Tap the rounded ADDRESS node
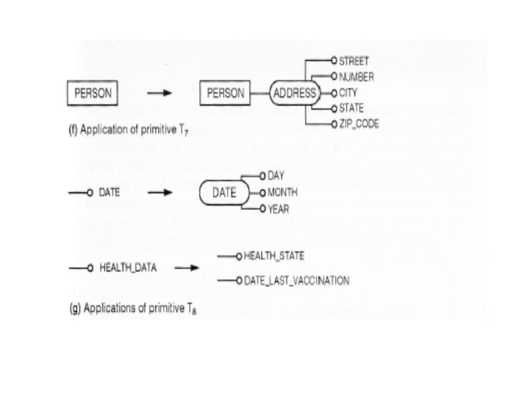(x=294, y=94)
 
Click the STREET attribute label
(x=354, y=61)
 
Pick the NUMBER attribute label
(x=356, y=77)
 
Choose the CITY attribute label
(x=348, y=93)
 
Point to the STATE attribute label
(x=352, y=109)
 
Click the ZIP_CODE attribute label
(x=358, y=124)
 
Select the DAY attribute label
(x=276, y=177)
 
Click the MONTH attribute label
(x=282, y=193)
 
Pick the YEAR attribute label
(x=279, y=209)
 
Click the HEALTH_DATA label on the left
(x=127, y=269)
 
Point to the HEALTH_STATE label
(x=274, y=255)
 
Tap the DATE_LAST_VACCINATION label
(x=296, y=281)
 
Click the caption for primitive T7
(x=123, y=129)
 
